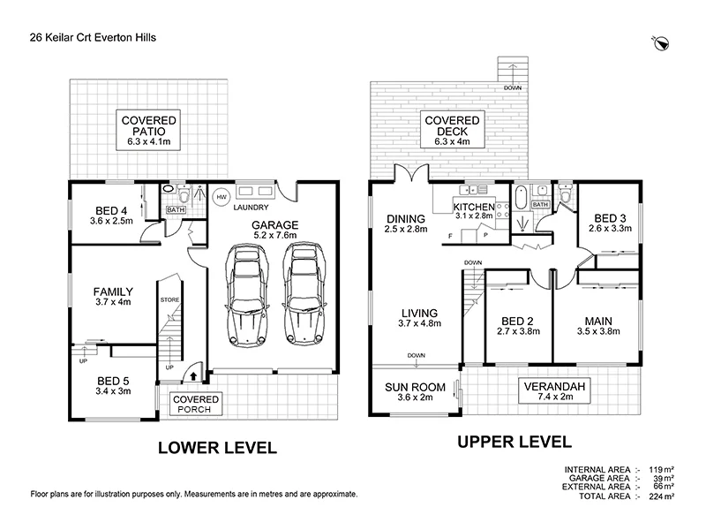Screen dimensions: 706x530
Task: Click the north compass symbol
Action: [661, 43]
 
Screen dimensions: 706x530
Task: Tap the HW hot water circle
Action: [222, 197]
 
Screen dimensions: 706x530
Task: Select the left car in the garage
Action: [247, 295]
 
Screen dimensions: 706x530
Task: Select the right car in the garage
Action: [304, 294]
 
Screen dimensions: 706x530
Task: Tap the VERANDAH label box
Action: [554, 390]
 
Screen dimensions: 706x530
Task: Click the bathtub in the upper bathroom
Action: [520, 197]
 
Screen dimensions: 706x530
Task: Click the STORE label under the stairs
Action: [169, 299]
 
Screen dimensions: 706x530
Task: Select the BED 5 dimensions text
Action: [113, 391]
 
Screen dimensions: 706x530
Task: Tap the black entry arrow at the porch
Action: [193, 375]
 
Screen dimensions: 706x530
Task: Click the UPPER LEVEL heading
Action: [514, 442]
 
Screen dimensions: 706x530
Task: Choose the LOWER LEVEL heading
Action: [217, 448]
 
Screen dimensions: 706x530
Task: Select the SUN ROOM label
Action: [415, 387]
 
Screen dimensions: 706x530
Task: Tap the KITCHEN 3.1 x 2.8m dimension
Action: [474, 216]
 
